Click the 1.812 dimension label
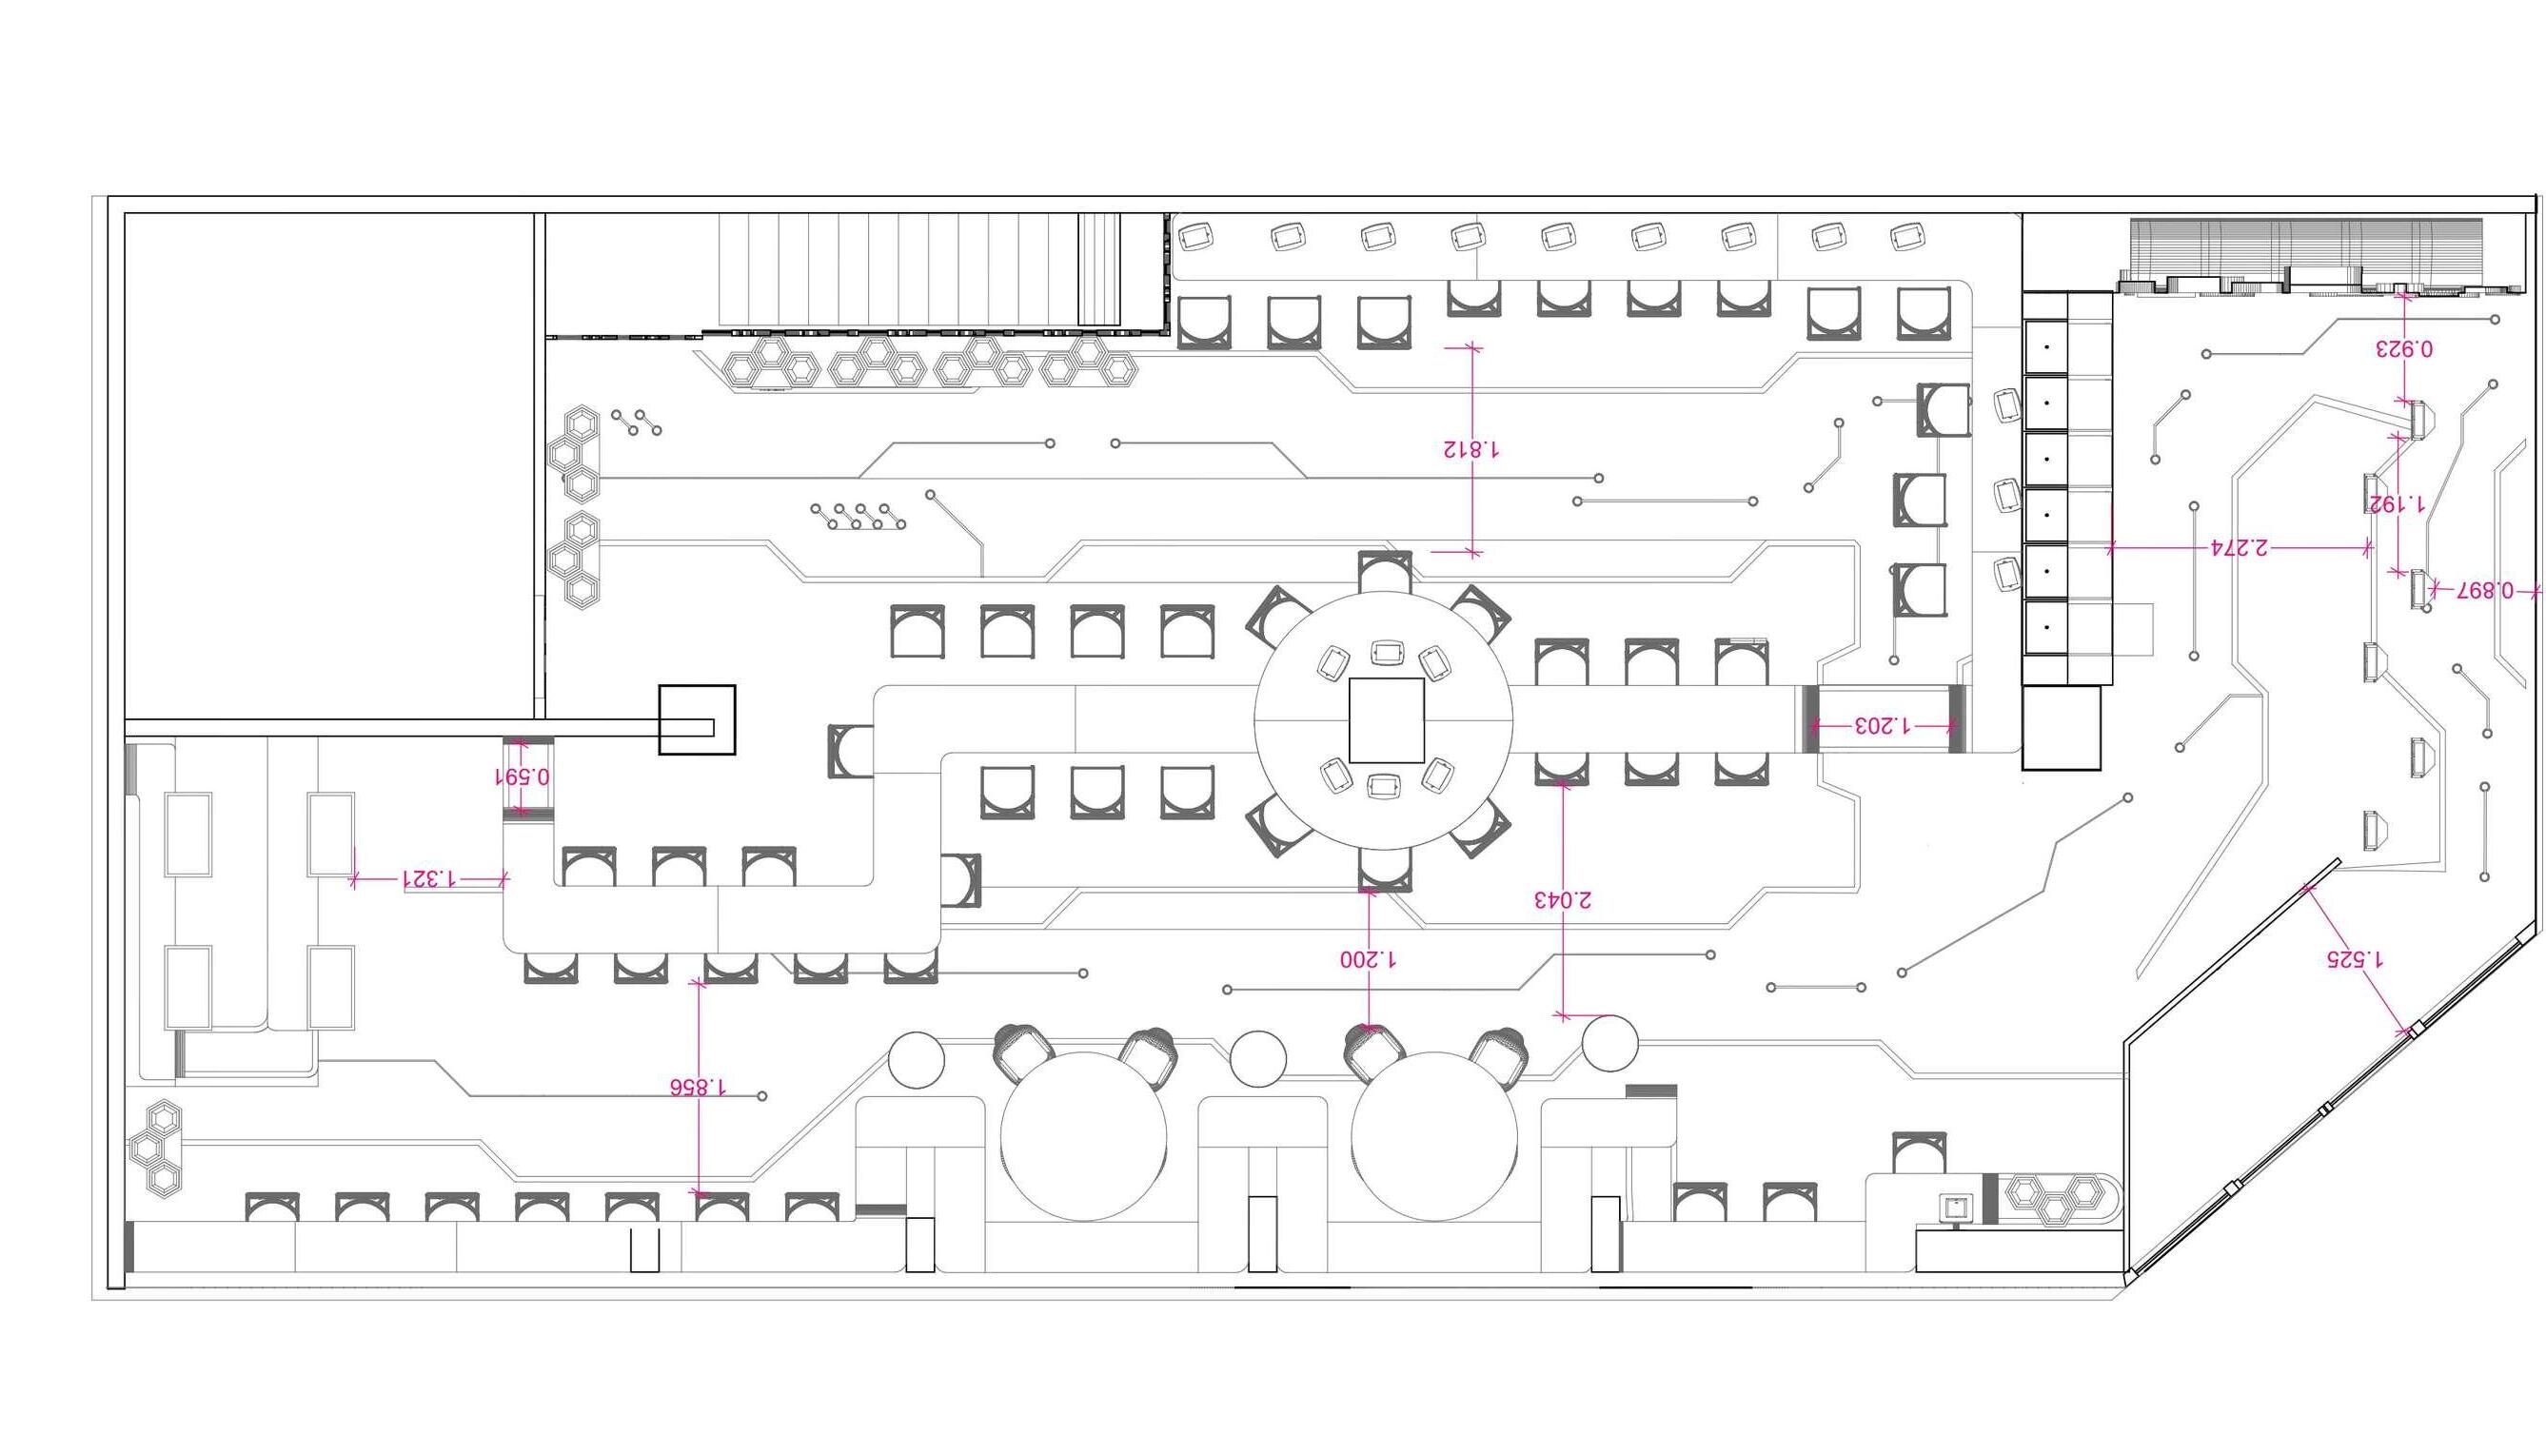click(1470, 449)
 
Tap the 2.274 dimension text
click(2239, 547)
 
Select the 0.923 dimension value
click(2403, 348)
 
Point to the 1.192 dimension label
click(2398, 504)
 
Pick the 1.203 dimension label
click(1882, 725)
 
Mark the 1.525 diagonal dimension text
click(2355, 958)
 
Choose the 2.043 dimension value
click(1562, 900)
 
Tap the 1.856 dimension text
click(699, 1087)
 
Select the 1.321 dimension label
click(429, 879)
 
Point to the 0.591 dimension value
click(523, 776)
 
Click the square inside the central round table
click(1386, 720)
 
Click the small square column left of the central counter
click(696, 720)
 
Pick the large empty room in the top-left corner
click(329, 464)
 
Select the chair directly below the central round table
click(1385, 869)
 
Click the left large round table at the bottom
click(1084, 1136)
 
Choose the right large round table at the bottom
click(1434, 1136)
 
